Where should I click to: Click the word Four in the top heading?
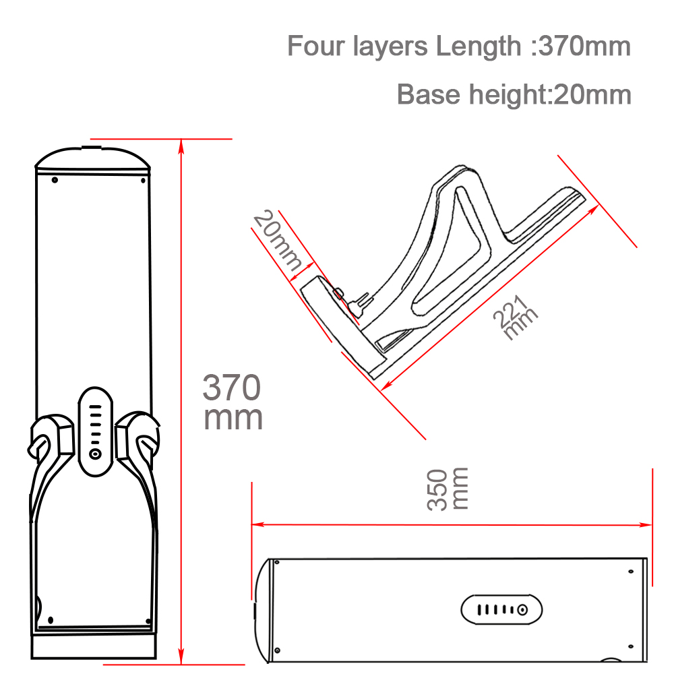pyautogui.click(x=315, y=46)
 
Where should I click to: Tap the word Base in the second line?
pyautogui.click(x=428, y=94)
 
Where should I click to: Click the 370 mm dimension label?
pyautogui.click(x=232, y=402)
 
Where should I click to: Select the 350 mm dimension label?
pyautogui.click(x=447, y=489)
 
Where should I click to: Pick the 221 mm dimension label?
pyautogui.click(x=515, y=317)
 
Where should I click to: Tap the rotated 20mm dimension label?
pyautogui.click(x=277, y=241)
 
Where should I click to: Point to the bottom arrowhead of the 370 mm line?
pyautogui.click(x=181, y=656)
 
